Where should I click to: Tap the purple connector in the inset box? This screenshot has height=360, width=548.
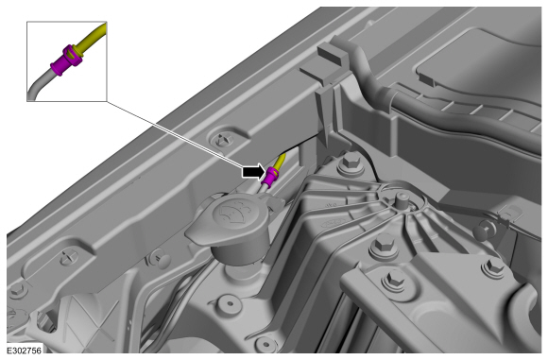pyautogui.click(x=66, y=60)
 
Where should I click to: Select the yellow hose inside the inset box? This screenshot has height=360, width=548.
pyautogui.click(x=92, y=39)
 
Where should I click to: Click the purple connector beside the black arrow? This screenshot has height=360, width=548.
pyautogui.click(x=271, y=176)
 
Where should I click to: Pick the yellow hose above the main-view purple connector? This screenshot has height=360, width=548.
pyautogui.click(x=281, y=161)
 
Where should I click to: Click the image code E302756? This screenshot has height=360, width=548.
pyautogui.click(x=25, y=351)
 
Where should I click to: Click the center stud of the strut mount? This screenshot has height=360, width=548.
pyautogui.click(x=402, y=201)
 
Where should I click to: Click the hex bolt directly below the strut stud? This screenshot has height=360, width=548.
pyautogui.click(x=382, y=245)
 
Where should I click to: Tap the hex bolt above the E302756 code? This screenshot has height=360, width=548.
pyautogui.click(x=17, y=290)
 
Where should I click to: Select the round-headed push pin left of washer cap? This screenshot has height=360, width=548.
pyautogui.click(x=162, y=259)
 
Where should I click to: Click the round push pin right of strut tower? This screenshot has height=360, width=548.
pyautogui.click(x=483, y=230)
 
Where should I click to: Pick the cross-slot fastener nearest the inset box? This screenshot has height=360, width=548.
pyautogui.click(x=223, y=140)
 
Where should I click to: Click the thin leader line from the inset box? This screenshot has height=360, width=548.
pyautogui.click(x=174, y=133)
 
